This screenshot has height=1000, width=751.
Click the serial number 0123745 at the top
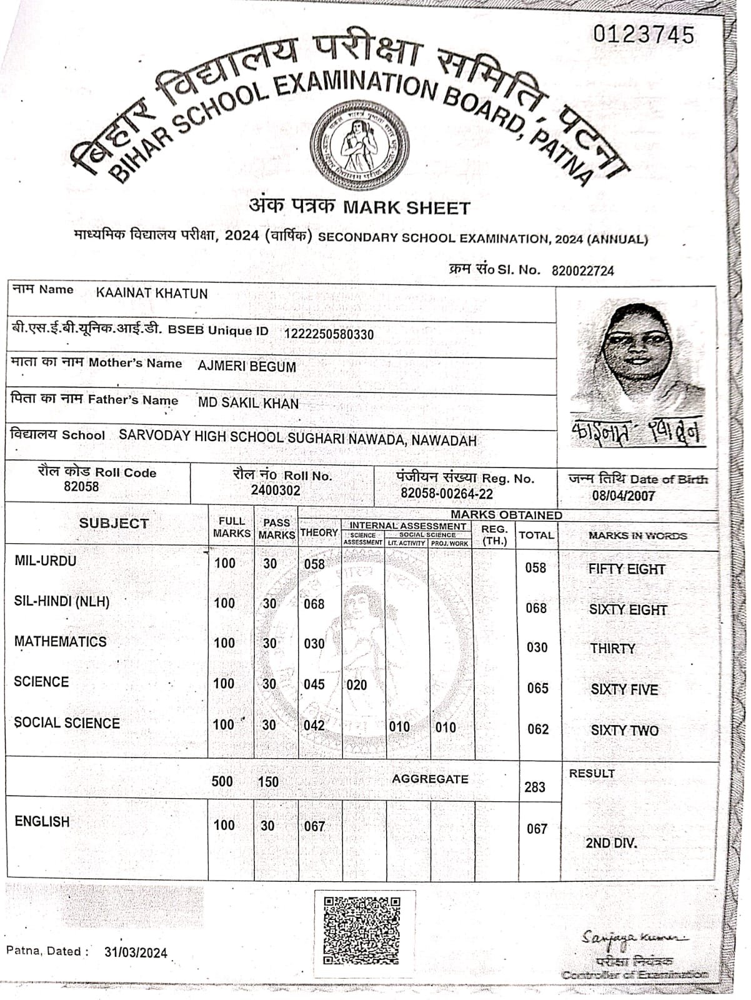click(x=643, y=34)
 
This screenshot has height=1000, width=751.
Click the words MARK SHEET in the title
click(x=406, y=207)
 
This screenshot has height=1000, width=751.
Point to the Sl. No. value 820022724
click(x=582, y=271)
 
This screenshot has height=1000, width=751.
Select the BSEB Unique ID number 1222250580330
click(x=329, y=334)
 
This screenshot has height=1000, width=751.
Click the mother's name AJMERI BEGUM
click(x=247, y=366)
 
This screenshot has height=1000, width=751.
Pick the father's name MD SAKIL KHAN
click(x=248, y=403)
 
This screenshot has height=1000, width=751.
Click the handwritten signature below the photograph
click(x=637, y=431)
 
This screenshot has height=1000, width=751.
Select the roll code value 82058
click(x=81, y=487)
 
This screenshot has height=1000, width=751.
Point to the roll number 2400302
click(x=276, y=491)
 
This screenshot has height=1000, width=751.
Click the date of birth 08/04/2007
click(x=624, y=496)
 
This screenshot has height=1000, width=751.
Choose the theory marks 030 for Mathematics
click(x=314, y=644)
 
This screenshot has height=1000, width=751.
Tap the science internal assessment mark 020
click(x=357, y=685)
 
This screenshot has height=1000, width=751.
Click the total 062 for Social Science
click(x=537, y=729)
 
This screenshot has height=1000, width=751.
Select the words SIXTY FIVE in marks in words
click(x=624, y=689)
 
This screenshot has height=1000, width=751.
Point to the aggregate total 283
click(x=535, y=787)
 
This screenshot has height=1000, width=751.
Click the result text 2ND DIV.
click(x=611, y=843)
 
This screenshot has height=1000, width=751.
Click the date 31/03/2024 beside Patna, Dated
click(x=136, y=952)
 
